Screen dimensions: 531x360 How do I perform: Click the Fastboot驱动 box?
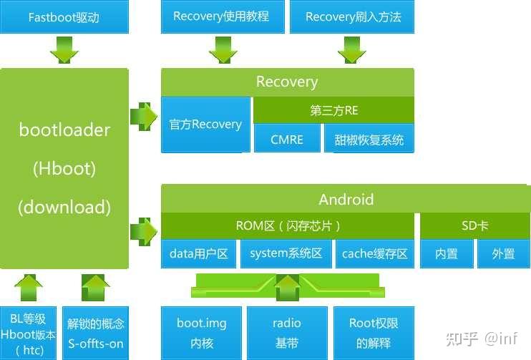pos(64,16)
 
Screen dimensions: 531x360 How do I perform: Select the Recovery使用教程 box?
pos(223,16)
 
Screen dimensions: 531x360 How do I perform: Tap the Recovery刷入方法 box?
pos(352,16)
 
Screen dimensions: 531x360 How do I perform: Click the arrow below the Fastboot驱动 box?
pos(64,50)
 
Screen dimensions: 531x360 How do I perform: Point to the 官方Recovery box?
pos(205,125)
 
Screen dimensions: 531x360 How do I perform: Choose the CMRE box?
pos(287,138)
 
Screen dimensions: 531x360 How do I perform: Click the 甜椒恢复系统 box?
pos(369,138)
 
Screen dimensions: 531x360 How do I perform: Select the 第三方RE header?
pos(334,110)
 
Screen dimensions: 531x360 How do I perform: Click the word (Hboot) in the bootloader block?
pos(64,168)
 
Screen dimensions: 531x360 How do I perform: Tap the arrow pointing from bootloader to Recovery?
pos(144,117)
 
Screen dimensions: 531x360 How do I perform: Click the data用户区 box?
pos(198,253)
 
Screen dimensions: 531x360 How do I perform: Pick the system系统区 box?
pos(286,253)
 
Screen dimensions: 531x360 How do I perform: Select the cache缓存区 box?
pos(375,253)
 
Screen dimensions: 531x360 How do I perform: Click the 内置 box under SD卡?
pos(447,253)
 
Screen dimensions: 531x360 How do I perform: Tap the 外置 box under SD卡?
pos(504,253)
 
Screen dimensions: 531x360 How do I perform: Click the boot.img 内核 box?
pos(202,334)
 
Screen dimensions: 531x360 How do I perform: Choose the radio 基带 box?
pos(287,334)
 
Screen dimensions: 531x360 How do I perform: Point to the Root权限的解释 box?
pos(374,334)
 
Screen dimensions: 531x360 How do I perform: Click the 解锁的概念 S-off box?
pos(95,334)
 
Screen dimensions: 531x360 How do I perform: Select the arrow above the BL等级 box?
pos(29,288)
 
